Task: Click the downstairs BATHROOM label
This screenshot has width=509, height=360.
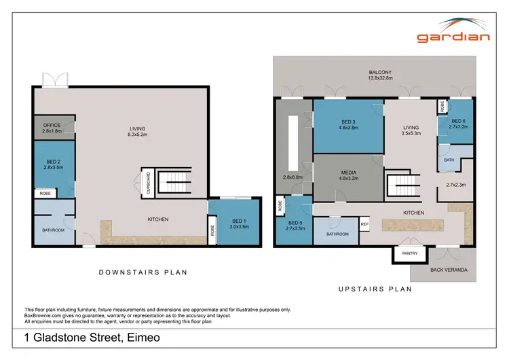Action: pyautogui.click(x=53, y=230)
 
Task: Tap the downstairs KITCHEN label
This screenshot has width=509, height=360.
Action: pyautogui.click(x=158, y=219)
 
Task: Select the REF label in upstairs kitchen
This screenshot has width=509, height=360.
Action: pyautogui.click(x=364, y=223)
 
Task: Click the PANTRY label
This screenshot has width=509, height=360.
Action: pyautogui.click(x=409, y=253)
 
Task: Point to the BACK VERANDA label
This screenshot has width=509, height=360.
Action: pyautogui.click(x=449, y=270)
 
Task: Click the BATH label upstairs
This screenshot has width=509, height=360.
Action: pyautogui.click(x=449, y=160)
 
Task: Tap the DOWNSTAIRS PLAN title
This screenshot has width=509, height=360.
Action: pyautogui.click(x=143, y=272)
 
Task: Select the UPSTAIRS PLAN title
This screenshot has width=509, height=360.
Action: pyautogui.click(x=375, y=288)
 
